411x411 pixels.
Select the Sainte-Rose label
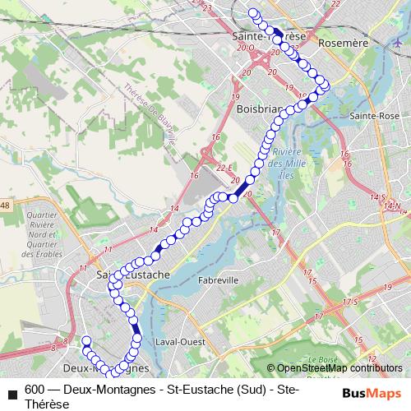tap(374, 116)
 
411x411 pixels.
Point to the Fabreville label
tap(218, 279)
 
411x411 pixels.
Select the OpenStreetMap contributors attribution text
tap(339, 368)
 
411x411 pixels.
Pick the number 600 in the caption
tap(35, 390)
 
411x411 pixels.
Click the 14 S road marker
tap(377, 197)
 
